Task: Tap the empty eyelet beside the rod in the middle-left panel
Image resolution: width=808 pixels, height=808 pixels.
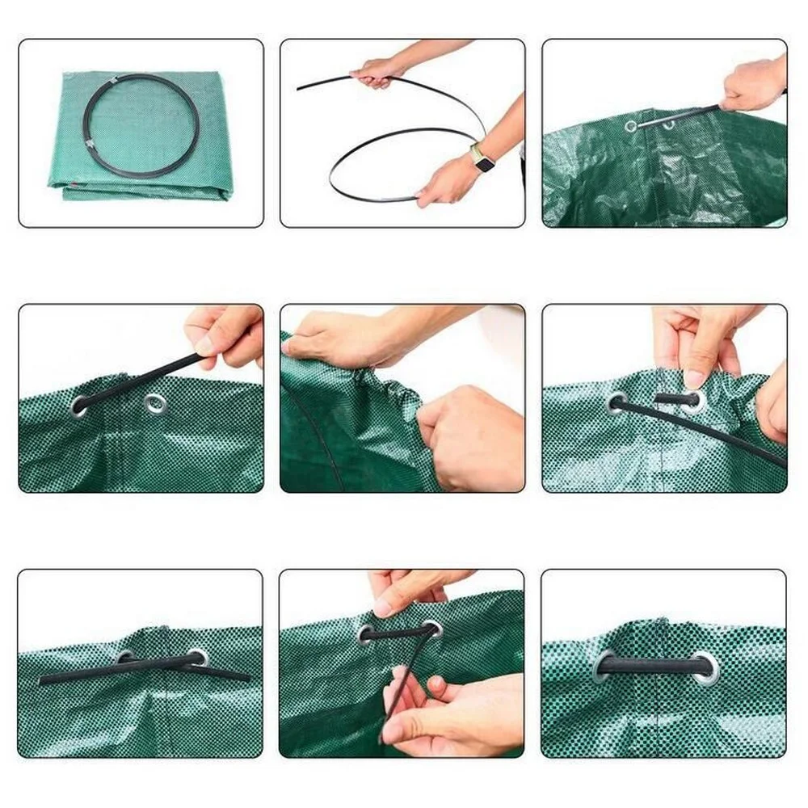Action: (x=155, y=402)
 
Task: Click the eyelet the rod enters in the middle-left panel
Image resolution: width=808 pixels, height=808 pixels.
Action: (x=80, y=405)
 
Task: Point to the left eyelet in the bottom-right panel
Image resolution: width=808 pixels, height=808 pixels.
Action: (x=605, y=667)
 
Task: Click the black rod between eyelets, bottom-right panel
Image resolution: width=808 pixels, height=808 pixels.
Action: (x=654, y=667)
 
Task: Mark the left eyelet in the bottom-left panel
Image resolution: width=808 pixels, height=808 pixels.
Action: (x=126, y=658)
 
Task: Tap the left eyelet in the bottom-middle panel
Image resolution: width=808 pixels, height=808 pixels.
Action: (x=366, y=634)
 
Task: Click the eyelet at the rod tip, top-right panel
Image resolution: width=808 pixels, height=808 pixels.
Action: (x=631, y=126)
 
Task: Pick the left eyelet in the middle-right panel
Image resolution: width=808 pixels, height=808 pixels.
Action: (x=617, y=402)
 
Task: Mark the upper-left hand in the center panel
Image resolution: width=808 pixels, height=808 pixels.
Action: (x=339, y=335)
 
